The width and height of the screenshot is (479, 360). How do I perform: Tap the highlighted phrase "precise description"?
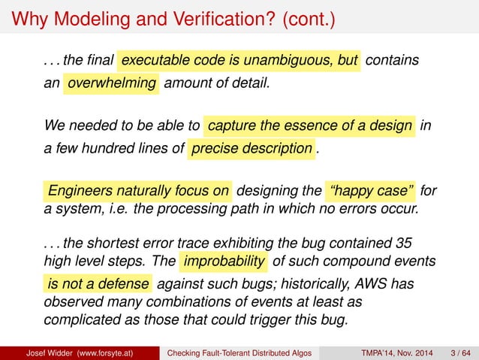coord(252,148)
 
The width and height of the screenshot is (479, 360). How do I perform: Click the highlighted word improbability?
coord(223,262)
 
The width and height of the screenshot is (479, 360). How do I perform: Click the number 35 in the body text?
coord(402,243)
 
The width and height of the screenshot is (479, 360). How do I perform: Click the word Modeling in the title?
coord(84,17)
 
